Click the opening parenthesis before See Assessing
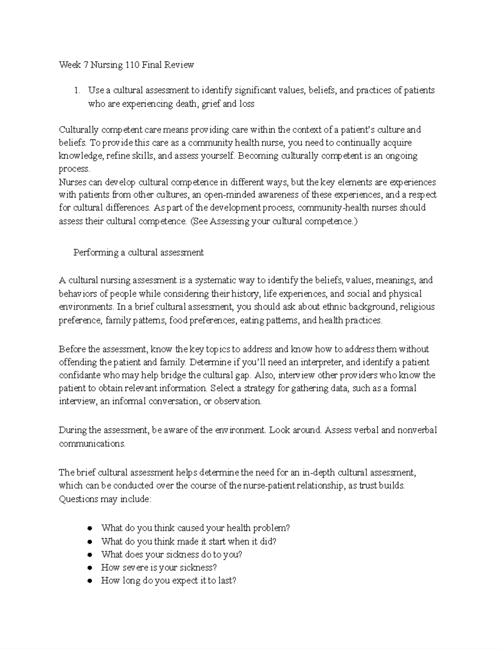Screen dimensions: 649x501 point(192,221)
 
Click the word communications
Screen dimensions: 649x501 point(92,443)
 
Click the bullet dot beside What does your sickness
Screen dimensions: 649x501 point(89,555)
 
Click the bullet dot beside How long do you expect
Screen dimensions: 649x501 point(89,581)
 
